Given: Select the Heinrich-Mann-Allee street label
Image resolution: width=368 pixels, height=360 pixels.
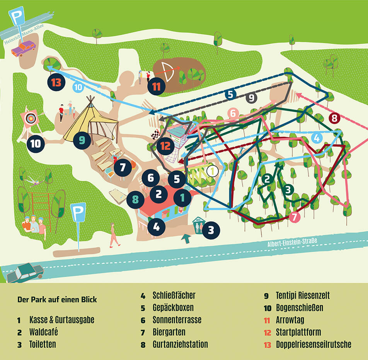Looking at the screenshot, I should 24,34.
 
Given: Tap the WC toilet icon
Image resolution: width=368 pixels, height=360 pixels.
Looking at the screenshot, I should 198,226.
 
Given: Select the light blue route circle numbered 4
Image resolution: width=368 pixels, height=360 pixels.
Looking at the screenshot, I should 316,138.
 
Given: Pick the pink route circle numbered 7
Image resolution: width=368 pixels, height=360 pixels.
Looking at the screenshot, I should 295,217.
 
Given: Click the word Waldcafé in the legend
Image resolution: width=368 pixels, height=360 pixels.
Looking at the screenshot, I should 43,332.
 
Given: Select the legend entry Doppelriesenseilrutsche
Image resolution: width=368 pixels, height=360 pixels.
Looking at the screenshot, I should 313,344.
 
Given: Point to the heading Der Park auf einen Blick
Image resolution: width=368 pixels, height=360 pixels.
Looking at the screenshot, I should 57,299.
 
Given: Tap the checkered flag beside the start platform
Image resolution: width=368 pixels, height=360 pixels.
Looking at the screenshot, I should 155,135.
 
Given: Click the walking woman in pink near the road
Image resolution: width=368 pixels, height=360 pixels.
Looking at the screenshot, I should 114,235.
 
